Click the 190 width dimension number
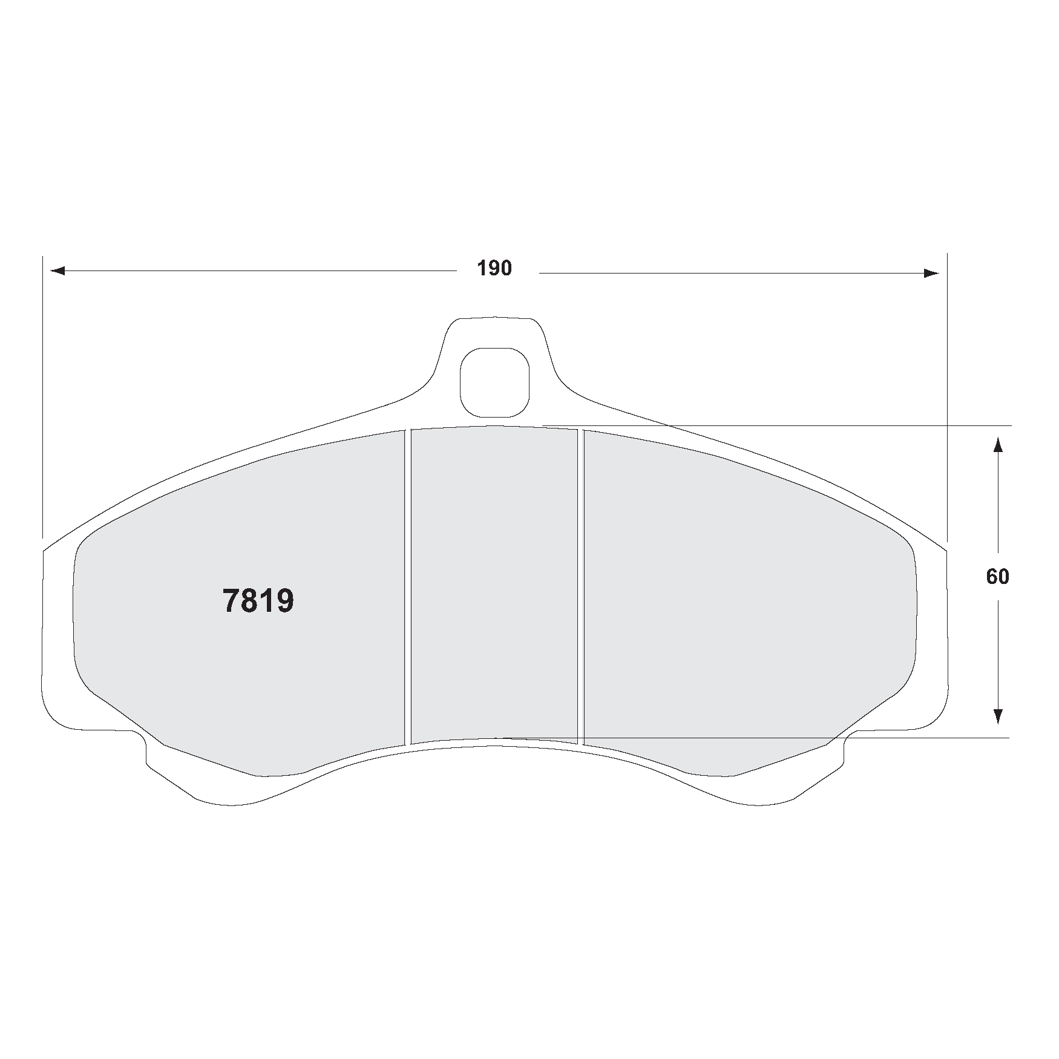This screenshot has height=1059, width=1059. click(x=494, y=268)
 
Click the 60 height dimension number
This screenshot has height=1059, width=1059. click(x=997, y=577)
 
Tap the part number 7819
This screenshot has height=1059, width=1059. click(x=258, y=601)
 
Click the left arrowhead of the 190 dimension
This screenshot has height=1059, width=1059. click(x=57, y=271)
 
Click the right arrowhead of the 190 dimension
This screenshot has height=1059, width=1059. click(x=931, y=274)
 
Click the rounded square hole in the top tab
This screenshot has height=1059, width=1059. click(x=494, y=382)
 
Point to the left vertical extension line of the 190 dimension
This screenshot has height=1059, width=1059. click(x=43, y=393)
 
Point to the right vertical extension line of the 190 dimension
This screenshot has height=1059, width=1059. click(x=946, y=393)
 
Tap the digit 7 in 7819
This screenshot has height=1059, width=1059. click(x=232, y=601)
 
